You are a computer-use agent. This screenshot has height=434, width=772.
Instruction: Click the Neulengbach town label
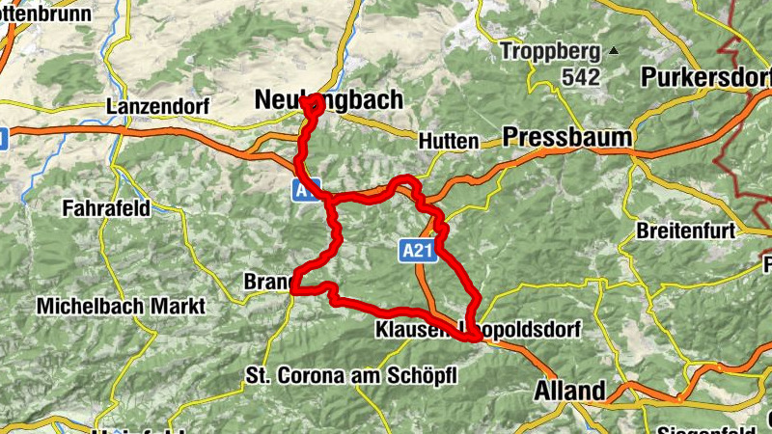point(328,100)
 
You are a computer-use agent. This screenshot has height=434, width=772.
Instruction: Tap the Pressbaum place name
point(567,136)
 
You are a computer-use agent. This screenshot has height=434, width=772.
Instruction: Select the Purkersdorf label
point(705,77)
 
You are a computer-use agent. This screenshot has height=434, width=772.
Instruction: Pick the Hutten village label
point(449,141)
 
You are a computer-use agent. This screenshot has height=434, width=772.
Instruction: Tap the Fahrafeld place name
point(105,207)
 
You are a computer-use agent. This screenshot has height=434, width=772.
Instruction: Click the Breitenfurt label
point(686,231)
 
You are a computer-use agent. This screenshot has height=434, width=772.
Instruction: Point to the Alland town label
point(569,391)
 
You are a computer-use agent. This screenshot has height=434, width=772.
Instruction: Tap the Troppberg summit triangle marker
point(612,50)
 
